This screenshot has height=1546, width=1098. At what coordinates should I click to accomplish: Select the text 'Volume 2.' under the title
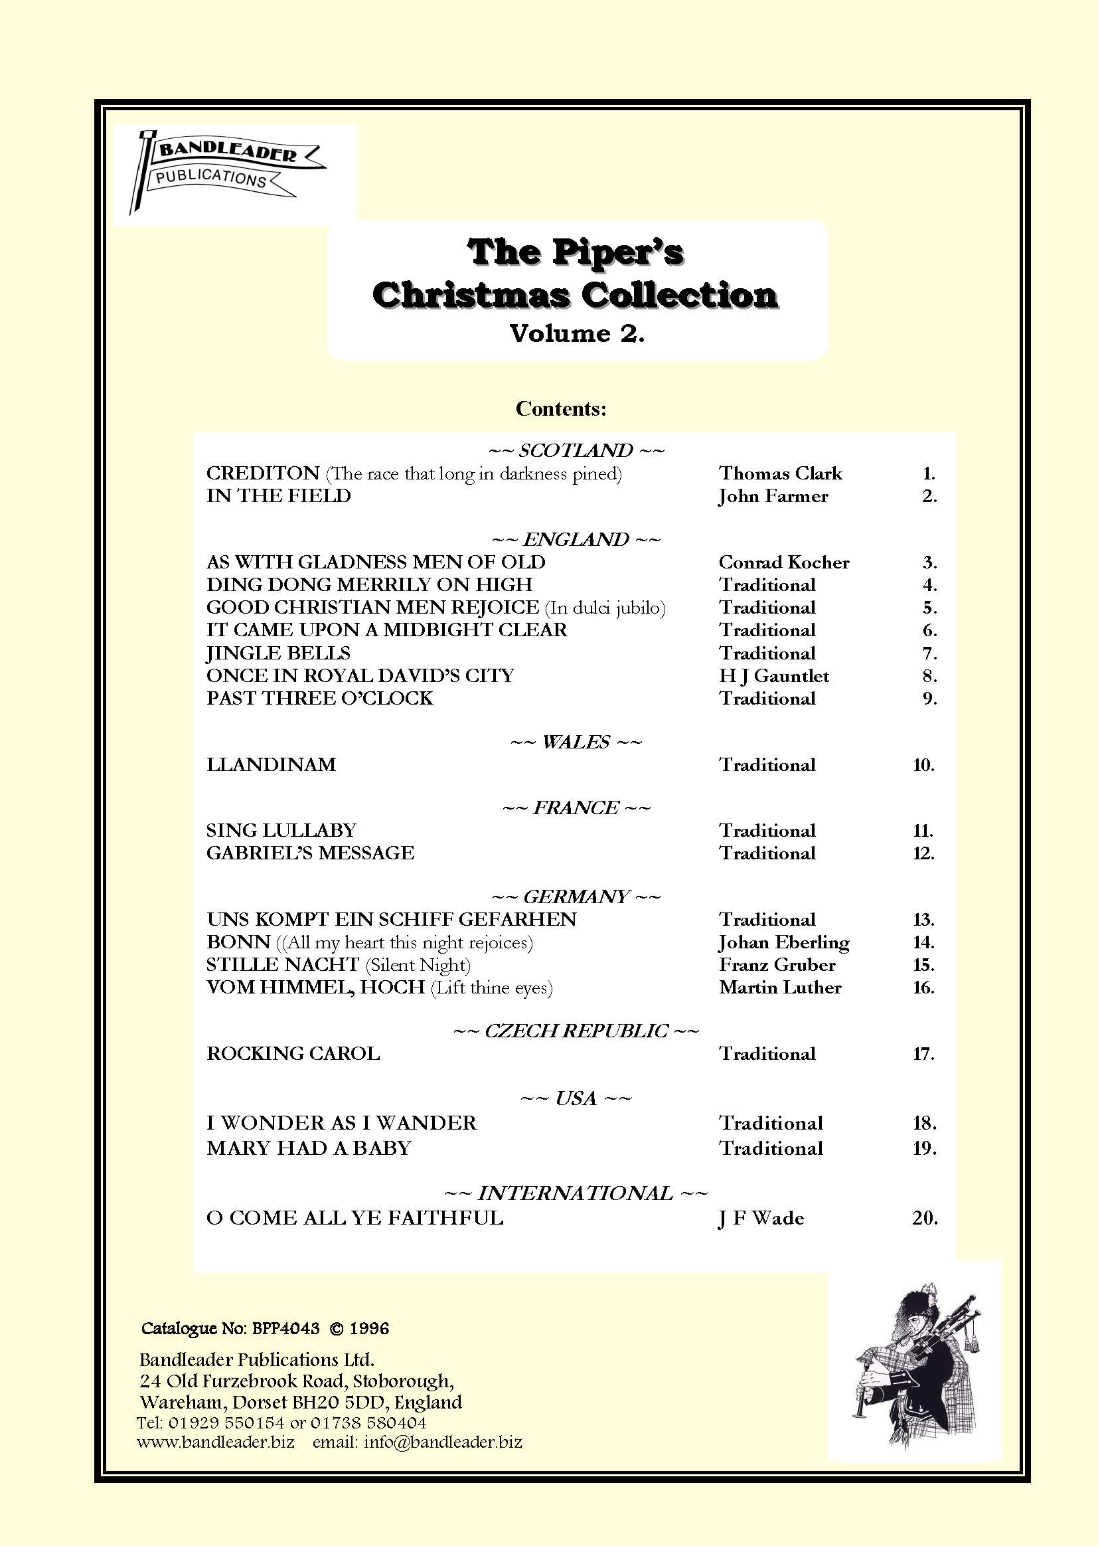pos(577,333)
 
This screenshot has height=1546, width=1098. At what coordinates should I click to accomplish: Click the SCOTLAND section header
pos(576,450)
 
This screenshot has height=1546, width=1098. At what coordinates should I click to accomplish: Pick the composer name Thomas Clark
pos(780,473)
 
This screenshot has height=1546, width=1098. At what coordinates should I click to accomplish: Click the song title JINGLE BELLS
pos(279,653)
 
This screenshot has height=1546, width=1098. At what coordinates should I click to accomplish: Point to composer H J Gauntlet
pos(773,675)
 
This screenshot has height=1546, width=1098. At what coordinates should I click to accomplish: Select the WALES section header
pos(576,742)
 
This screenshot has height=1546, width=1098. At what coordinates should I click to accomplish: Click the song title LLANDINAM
pos(271,765)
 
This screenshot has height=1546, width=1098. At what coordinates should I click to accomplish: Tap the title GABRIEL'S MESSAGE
pos(310,853)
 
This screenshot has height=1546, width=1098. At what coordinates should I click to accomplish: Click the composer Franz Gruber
pos(777,965)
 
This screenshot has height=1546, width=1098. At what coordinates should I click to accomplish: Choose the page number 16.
pos(923,988)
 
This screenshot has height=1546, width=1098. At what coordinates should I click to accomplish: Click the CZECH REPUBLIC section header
pos(576,1031)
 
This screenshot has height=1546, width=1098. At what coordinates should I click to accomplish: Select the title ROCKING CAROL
pos(293,1054)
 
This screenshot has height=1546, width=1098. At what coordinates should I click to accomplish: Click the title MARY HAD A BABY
pos(309,1148)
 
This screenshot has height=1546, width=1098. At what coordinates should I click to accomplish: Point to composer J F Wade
pos(761,1219)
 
